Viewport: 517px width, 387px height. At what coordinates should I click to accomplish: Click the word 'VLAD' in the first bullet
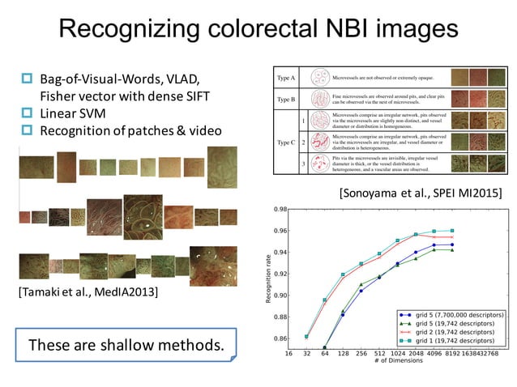[173, 78]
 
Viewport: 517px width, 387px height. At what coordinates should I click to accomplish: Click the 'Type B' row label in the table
[286, 100]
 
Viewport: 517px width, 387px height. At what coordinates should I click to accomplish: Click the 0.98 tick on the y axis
[278, 209]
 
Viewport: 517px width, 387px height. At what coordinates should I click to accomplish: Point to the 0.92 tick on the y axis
[278, 274]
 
